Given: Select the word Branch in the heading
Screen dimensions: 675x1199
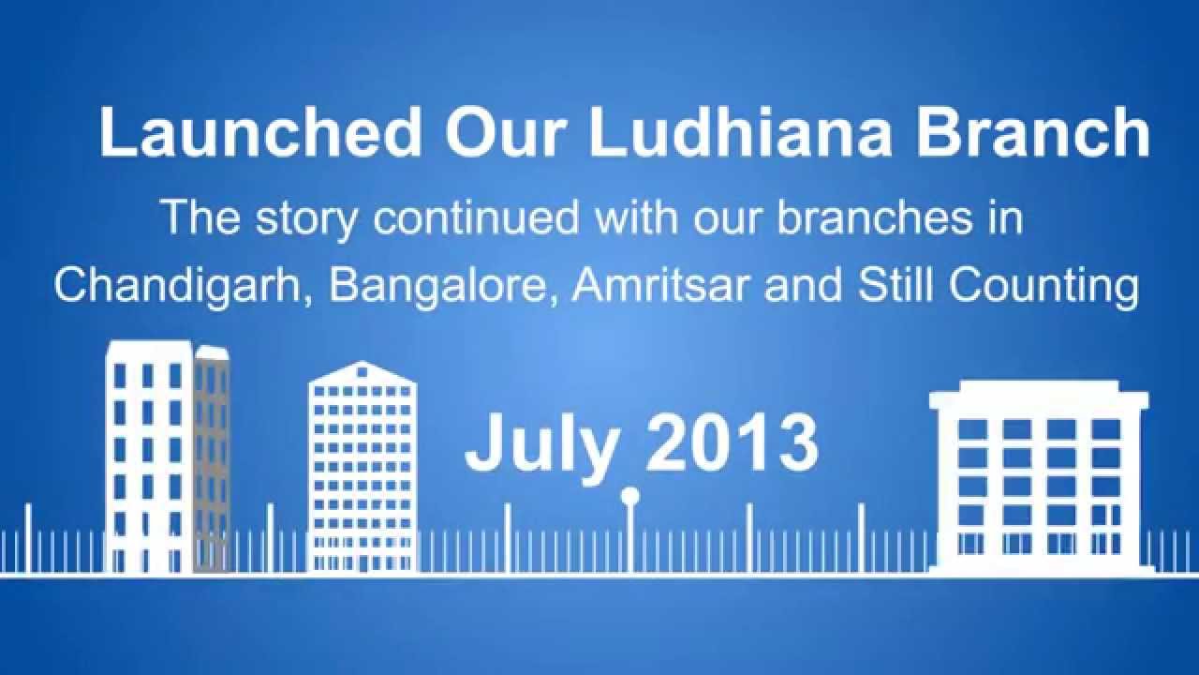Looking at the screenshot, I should pyautogui.click(x=1032, y=133).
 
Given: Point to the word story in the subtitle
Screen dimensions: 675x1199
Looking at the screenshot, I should pyautogui.click(x=307, y=218).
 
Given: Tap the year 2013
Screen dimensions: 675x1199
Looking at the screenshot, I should pyautogui.click(x=732, y=442).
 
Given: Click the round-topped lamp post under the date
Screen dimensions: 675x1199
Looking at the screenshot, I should pyautogui.click(x=630, y=497).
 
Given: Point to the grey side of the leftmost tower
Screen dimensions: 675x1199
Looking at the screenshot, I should pyautogui.click(x=213, y=459).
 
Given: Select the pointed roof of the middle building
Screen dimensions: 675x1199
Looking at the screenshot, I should pyautogui.click(x=362, y=371).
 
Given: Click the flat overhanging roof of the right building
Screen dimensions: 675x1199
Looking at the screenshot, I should pyautogui.click(x=1039, y=397).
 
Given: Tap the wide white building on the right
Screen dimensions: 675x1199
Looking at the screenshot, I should pyautogui.click(x=1040, y=487).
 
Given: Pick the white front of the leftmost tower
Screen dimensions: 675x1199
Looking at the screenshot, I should pyautogui.click(x=148, y=459).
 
